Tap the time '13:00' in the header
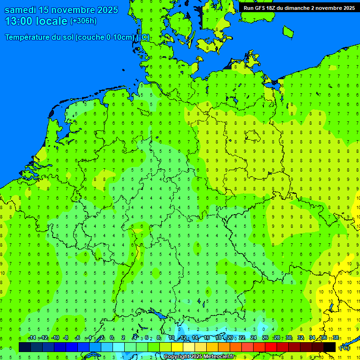point(19,21)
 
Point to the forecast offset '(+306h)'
point(83,21)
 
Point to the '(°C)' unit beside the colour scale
point(345,348)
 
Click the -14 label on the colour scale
point(31,338)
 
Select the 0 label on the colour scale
point(112,338)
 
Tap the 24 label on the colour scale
point(253,338)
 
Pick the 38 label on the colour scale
point(336,338)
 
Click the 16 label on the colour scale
point(207,338)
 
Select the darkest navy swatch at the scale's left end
point(24,347)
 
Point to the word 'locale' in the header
point(52,21)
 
